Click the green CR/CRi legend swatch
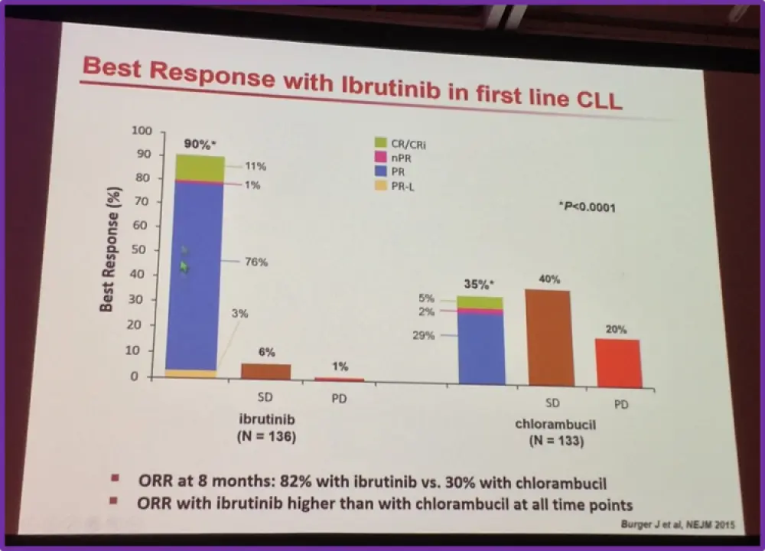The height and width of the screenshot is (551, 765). click(380, 142)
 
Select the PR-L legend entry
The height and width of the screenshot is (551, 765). click(401, 186)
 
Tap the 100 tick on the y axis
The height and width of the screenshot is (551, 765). click(142, 131)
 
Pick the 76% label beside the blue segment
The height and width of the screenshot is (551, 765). click(256, 262)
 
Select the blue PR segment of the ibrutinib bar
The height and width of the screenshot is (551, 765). click(195, 275)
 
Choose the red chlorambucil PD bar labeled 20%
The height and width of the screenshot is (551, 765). click(617, 364)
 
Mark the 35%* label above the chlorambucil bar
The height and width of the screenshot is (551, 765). click(480, 285)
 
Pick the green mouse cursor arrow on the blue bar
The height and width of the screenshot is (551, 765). click(184, 266)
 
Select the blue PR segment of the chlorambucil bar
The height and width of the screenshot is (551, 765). click(480, 348)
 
